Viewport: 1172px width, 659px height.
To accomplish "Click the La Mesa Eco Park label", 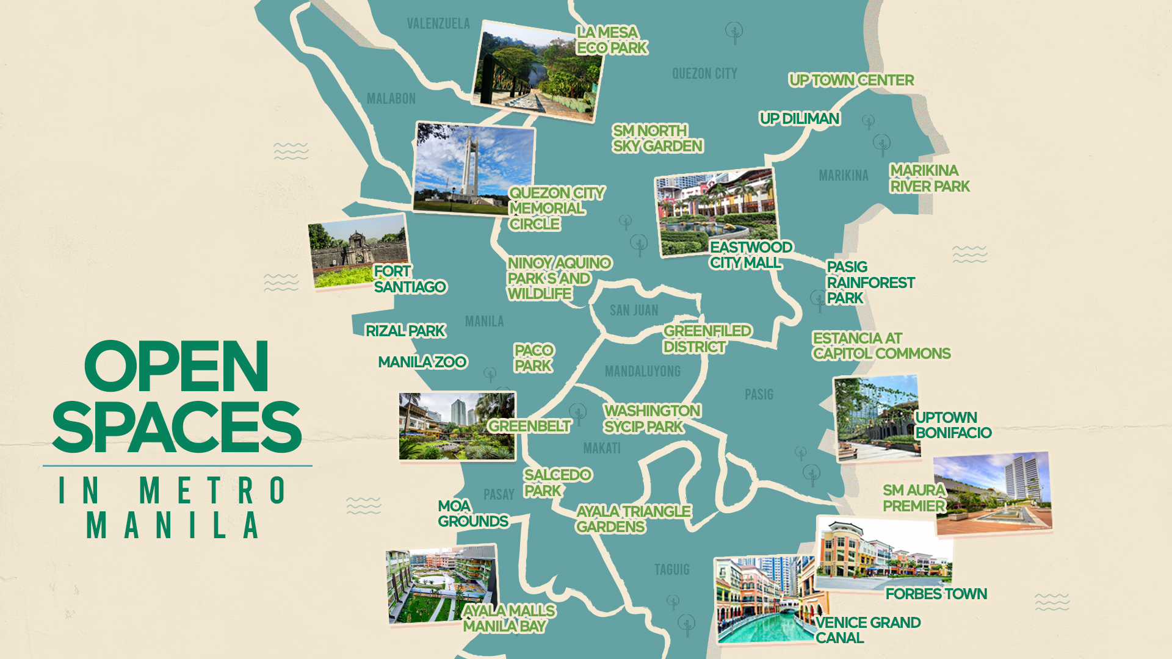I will pyautogui.click(x=612, y=40).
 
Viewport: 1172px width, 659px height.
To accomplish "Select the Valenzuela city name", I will pyautogui.click(x=438, y=24).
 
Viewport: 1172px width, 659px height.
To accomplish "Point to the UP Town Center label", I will pyautogui.click(x=851, y=81).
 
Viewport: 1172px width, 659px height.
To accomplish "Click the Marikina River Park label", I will pyautogui.click(x=929, y=178).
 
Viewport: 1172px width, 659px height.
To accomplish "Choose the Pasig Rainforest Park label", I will pyautogui.click(x=869, y=283).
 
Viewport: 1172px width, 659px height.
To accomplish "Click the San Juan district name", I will pyautogui.click(x=634, y=311).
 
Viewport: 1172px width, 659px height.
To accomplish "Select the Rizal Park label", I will pyautogui.click(x=405, y=331).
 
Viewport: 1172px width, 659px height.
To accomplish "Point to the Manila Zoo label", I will pyautogui.click(x=422, y=362).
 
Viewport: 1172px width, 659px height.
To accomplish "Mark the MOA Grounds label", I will pyautogui.click(x=472, y=514).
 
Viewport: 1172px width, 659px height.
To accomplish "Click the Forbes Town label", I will pyautogui.click(x=936, y=594).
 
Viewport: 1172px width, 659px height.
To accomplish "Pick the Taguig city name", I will pyautogui.click(x=671, y=570).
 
